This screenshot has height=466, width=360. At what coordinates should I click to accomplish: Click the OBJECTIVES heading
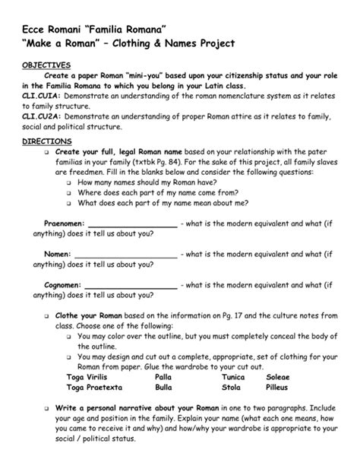46,65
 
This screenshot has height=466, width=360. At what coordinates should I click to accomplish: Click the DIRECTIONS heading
46,141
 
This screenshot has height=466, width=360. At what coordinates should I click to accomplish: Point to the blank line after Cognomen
131,284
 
